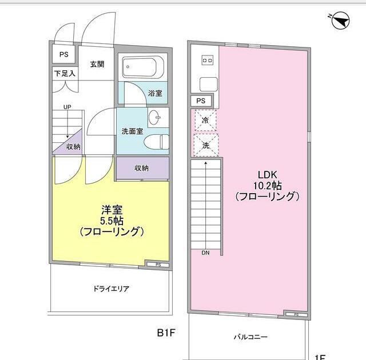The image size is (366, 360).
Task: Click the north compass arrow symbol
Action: pos(340,21)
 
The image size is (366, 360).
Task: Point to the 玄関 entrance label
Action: pos(97,64)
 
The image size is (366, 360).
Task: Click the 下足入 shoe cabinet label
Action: pos(65,74)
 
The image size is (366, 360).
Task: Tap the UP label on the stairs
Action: pos(67,107)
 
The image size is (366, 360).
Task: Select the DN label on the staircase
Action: pos(205,252)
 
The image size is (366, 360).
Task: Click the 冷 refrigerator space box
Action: pos(205,121)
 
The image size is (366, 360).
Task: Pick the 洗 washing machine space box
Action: pos(205,145)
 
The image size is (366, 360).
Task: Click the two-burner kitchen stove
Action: pos(207,60)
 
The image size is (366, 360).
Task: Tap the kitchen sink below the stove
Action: pos(207,84)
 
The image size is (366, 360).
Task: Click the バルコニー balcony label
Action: pos(250,337)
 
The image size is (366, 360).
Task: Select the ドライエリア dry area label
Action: pos(111,289)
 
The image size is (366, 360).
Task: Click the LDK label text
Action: pos(267,175)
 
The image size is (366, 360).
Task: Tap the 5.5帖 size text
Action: pos(112,221)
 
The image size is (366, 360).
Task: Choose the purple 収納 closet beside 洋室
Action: pos(142,168)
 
